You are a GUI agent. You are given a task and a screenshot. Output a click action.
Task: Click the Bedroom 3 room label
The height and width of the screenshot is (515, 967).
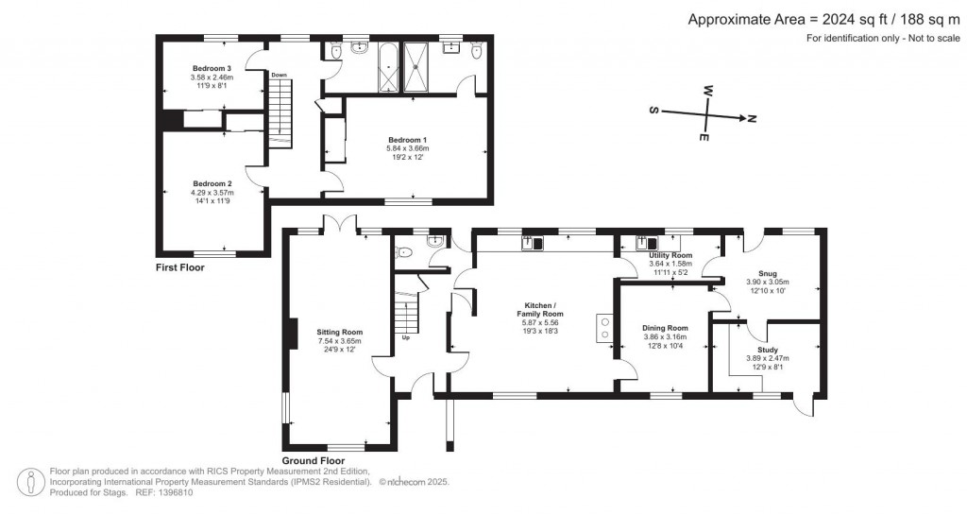pyautogui.click(x=212, y=69)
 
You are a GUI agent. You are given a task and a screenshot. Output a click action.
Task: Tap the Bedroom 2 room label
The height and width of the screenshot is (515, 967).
pyautogui.click(x=212, y=183)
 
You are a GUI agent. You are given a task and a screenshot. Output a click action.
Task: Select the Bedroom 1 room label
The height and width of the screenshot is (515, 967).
pyautogui.click(x=407, y=140)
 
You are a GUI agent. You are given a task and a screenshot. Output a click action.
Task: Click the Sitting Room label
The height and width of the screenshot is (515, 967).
pyautogui.click(x=339, y=332)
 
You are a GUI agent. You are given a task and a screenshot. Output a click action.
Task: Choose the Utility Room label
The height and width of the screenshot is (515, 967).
pyautogui.click(x=670, y=256)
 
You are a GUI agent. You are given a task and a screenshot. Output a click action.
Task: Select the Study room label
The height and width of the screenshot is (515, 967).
pyautogui.click(x=767, y=350)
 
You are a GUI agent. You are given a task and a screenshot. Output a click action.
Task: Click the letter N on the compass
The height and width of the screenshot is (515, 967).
pyautogui.click(x=752, y=119)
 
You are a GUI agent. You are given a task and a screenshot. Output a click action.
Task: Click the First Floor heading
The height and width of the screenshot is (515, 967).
pyautogui.click(x=179, y=267)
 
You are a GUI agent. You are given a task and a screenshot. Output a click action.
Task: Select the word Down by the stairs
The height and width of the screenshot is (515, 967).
pyautogui.click(x=279, y=75)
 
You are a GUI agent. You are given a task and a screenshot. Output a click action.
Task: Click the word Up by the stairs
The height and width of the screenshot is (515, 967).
pyautogui.click(x=406, y=337)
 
